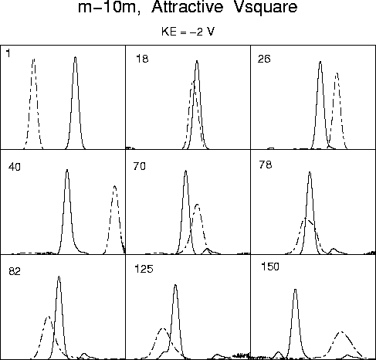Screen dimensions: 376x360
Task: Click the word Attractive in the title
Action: pos(187,6)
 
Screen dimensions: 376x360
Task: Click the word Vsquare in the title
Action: pos(266,8)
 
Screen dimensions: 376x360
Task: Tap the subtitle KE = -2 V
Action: pos(188,32)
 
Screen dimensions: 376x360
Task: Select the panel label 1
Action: pos(8,53)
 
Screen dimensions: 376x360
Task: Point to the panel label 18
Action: pos(142,59)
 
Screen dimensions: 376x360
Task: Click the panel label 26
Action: pos(264,59)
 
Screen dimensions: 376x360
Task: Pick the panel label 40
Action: pos(15,167)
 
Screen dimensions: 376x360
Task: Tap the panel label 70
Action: pos(140,166)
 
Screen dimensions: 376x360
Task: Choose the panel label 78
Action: pos(266,165)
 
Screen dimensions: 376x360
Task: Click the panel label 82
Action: pos(15,271)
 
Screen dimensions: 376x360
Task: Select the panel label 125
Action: pos(144,269)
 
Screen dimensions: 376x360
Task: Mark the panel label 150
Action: pos(270,267)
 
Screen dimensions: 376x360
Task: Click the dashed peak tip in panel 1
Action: pos(34,59)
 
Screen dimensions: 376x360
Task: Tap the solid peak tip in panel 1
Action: pos(75,57)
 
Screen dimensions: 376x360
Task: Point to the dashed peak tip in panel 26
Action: pos(337,73)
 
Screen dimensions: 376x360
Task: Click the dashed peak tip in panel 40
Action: pos(115,186)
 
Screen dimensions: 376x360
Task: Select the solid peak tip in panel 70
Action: pos(186,171)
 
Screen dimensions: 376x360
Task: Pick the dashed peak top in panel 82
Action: pos(48,317)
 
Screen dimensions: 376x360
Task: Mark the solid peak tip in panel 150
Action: pos(295,290)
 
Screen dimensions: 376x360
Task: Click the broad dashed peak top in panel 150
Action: pos(341,332)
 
